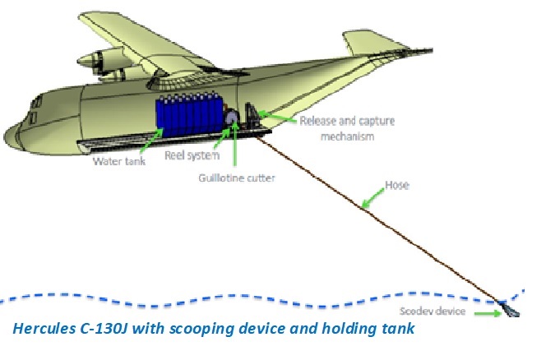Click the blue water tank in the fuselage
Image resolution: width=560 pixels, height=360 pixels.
(x=188, y=118)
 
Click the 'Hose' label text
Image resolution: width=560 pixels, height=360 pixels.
(x=396, y=186)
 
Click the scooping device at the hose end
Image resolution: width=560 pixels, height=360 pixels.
(x=511, y=311)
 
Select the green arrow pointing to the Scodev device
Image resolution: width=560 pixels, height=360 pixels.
(x=488, y=312)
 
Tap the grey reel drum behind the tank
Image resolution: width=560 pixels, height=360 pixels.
(x=232, y=118)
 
